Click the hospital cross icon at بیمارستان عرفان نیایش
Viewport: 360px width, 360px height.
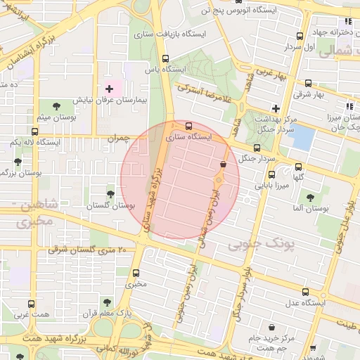pyautogui.click(x=109, y=89)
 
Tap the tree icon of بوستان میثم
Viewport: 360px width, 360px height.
pyautogui.click(x=56, y=105)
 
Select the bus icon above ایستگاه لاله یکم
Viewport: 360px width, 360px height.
pyautogui.click(x=34, y=131)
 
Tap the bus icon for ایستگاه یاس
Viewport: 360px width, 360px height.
pyautogui.click(x=166, y=59)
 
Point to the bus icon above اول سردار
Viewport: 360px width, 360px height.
pyautogui.click(x=300, y=36)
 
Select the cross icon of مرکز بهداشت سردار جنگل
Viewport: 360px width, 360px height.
pyautogui.click(x=276, y=108)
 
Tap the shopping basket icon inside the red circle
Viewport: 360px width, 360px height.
pyautogui.click(x=223, y=165)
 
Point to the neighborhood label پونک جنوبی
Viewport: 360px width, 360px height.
pyautogui.click(x=255, y=243)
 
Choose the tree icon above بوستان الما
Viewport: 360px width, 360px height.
pyautogui.click(x=310, y=198)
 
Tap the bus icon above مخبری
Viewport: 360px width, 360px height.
pyautogui.click(x=136, y=274)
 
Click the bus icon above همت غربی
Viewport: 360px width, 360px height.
pyautogui.click(x=30, y=304)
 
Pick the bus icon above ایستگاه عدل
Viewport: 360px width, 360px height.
pyautogui.click(x=304, y=292)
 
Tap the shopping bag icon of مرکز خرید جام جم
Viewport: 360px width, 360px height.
pyautogui.click(x=272, y=327)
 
